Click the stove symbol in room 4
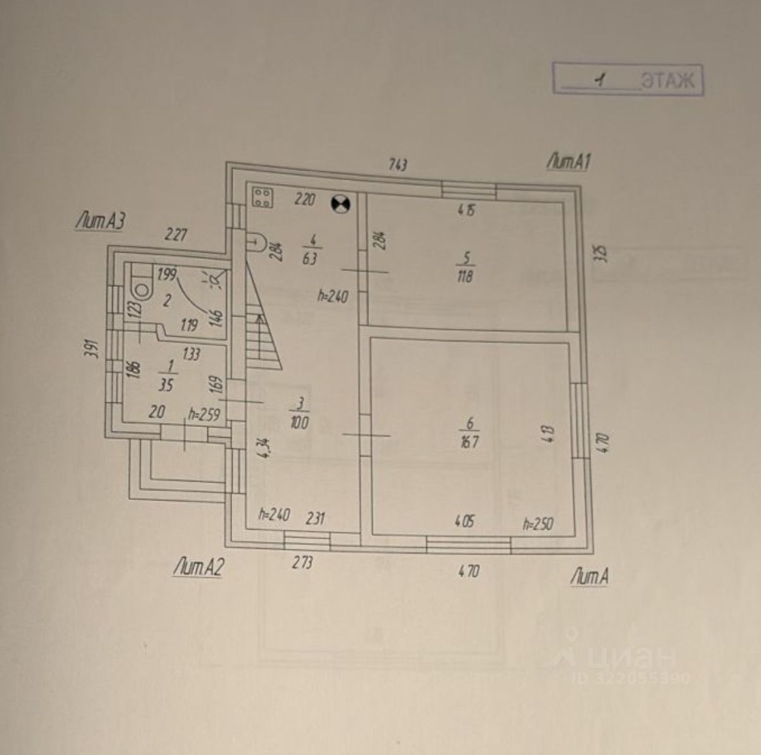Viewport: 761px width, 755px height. click(263, 197)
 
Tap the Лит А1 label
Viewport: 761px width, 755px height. click(569, 162)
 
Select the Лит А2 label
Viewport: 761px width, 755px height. click(198, 567)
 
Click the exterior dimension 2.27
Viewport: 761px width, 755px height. click(176, 235)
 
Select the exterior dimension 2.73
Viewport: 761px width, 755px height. click(302, 562)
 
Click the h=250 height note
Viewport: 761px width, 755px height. click(538, 524)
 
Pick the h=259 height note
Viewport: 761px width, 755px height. click(204, 415)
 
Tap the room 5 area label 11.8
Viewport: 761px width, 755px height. click(465, 277)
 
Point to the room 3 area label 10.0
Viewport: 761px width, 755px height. click(300, 423)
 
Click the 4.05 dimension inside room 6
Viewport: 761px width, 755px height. click(464, 522)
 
